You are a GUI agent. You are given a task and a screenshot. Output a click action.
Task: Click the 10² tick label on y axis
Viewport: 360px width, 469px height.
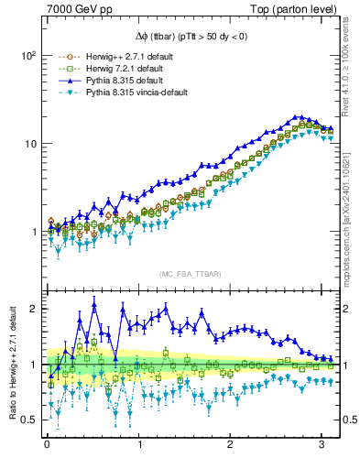pos(28,55)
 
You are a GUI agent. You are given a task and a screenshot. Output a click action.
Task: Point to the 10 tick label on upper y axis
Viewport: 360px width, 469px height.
pos(30,144)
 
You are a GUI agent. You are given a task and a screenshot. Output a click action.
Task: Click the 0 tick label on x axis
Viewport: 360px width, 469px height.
pos(47,446)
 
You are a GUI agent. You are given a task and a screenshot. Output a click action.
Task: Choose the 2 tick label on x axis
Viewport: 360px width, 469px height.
pos(231,446)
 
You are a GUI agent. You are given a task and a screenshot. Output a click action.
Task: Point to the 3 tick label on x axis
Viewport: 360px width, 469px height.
pos(322,446)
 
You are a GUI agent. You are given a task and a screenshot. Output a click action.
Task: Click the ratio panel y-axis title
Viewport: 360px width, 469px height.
pos(11,364)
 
